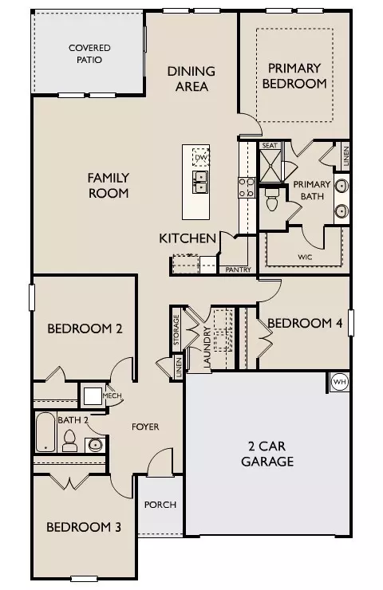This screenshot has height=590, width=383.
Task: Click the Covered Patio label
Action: (x=89, y=53)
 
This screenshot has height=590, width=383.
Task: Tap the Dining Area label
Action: (x=191, y=78)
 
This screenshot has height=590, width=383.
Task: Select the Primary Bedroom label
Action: (x=297, y=76)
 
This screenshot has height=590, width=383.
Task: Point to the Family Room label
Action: (x=109, y=185)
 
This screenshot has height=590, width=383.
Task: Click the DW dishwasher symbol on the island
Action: (x=201, y=159)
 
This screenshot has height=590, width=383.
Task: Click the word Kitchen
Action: (x=188, y=238)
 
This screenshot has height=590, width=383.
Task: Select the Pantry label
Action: (x=238, y=269)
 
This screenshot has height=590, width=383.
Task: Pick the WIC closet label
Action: (x=304, y=257)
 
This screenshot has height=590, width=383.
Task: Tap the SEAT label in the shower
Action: (x=269, y=146)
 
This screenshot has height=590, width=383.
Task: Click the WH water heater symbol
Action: (x=338, y=381)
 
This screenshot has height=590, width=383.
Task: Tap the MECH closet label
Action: (x=111, y=395)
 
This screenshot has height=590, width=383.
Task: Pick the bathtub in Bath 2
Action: (x=45, y=433)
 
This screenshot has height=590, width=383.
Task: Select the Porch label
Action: (x=160, y=505)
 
